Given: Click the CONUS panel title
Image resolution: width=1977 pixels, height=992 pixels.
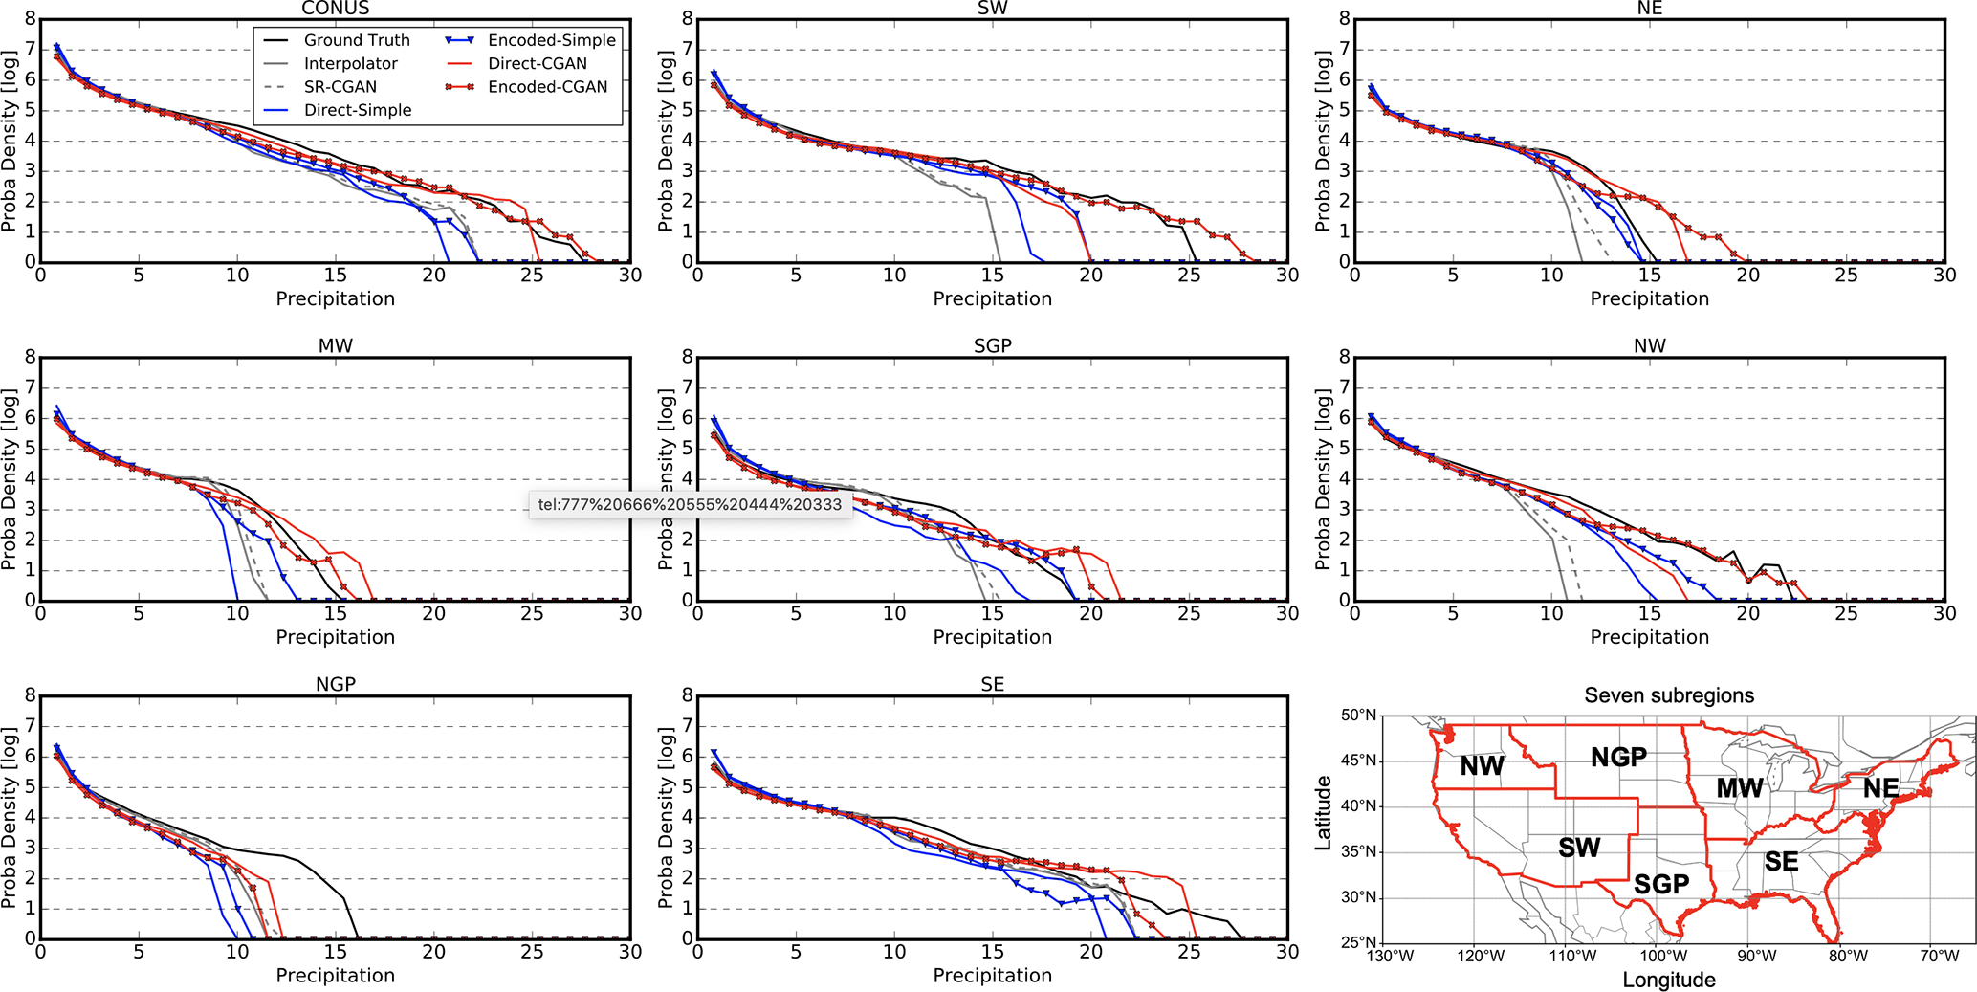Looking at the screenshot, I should tap(335, 9).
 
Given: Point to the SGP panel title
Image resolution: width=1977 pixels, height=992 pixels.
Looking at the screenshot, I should tap(992, 345).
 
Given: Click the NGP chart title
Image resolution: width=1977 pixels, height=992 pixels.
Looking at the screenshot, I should tap(335, 684).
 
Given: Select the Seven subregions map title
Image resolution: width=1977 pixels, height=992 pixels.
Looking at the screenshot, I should tap(1669, 695).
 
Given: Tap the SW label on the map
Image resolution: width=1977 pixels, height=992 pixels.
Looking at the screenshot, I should tap(1579, 848).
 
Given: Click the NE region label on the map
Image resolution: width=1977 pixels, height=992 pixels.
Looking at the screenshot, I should tap(1880, 788).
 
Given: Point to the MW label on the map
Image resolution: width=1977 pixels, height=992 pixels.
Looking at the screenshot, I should tap(1739, 788).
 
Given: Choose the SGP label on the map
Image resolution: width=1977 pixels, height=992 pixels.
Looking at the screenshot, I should tap(1661, 884).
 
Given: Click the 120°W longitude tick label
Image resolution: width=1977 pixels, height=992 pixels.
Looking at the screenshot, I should tap(1481, 956).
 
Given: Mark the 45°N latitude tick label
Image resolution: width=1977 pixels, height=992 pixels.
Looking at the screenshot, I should tap(1359, 761).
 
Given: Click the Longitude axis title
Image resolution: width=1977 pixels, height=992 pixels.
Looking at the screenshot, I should tap(1669, 980).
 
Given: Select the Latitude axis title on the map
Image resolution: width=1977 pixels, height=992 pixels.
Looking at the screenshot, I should tap(1324, 813).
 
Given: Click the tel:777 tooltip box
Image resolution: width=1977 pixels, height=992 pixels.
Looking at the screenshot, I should tap(690, 504).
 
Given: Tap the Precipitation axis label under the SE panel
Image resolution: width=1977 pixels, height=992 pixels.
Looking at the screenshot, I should tap(992, 975).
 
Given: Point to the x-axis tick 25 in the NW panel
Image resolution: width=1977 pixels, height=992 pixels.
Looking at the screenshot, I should tap(1846, 613).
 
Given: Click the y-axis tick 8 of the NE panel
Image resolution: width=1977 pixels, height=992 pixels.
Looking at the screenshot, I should tap(1344, 18).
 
